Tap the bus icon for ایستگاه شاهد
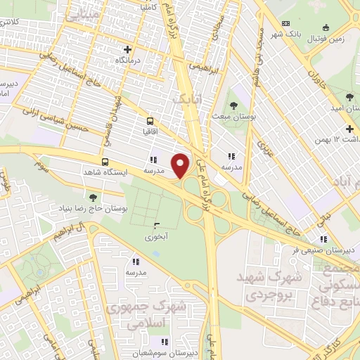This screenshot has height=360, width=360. (105, 162)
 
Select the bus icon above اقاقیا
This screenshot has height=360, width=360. (149, 121)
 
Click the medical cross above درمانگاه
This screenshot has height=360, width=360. (127, 49)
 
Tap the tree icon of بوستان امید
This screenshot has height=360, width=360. (349, 96)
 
